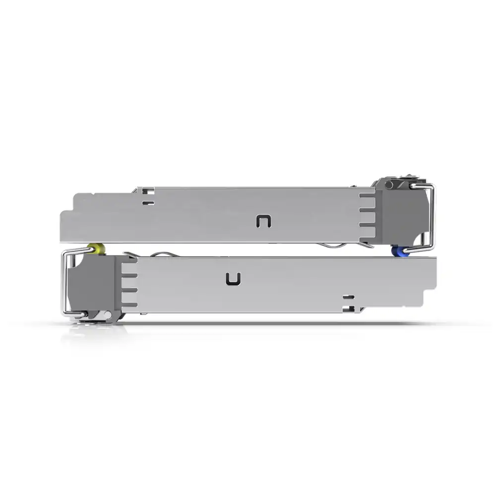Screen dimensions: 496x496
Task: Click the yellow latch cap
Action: pyautogui.click(x=95, y=248)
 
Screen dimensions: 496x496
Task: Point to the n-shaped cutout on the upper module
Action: pyautogui.click(x=263, y=222)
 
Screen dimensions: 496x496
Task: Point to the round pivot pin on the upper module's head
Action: pyautogui.click(x=389, y=185)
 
